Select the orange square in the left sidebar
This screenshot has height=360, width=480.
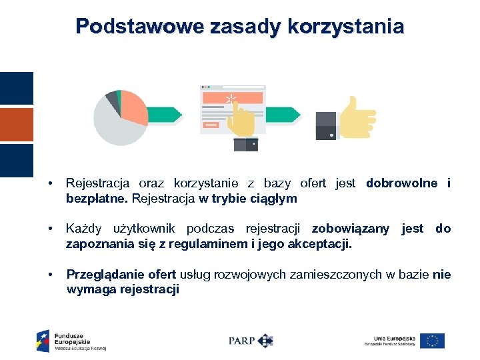[x=16, y=125]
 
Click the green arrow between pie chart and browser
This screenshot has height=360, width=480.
[x=165, y=114]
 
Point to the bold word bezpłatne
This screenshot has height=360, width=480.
[x=97, y=199]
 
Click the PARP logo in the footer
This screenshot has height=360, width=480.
[x=251, y=341]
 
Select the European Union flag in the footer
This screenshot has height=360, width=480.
[x=432, y=341]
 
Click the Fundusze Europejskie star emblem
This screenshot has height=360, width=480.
[x=43, y=341]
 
